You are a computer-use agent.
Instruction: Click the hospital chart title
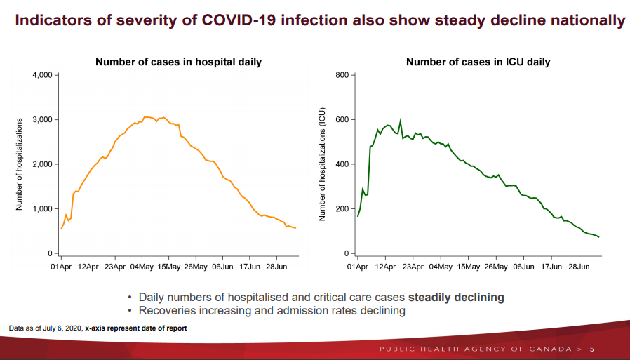click(178, 62)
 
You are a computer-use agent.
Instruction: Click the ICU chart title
click(478, 62)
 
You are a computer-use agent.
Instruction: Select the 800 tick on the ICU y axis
click(342, 75)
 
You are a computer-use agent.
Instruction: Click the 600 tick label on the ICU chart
click(342, 120)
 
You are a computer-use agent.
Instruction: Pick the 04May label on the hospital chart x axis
click(142, 267)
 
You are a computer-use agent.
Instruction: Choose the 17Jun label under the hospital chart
click(249, 267)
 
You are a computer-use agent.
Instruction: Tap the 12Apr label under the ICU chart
click(384, 267)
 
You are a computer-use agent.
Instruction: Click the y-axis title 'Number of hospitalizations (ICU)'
click(323, 164)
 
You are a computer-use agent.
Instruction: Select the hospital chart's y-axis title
click(20, 164)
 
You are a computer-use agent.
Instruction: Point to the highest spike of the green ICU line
click(400, 120)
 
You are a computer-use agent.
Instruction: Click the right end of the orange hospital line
click(295, 228)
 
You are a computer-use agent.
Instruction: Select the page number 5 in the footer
click(591, 349)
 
